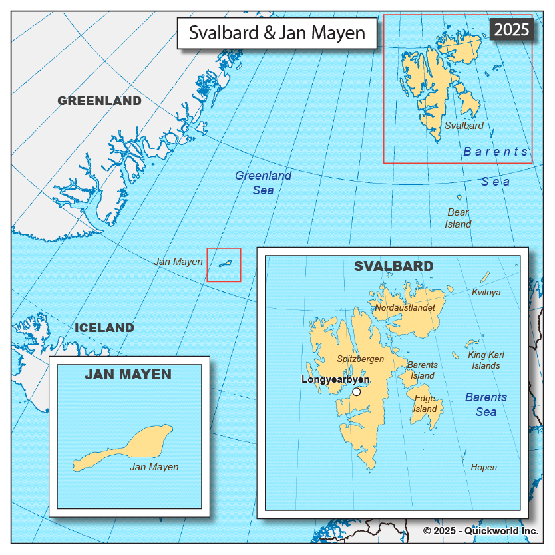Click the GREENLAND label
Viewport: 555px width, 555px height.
tap(99, 101)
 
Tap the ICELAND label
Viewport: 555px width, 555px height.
tap(104, 328)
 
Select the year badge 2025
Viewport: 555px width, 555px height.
tap(511, 29)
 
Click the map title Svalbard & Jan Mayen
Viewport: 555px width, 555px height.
tap(277, 33)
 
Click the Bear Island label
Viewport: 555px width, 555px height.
tap(458, 218)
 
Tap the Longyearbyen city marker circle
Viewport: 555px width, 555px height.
tap(357, 392)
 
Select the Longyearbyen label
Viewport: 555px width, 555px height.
tap(335, 380)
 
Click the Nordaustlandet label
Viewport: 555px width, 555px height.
tap(405, 308)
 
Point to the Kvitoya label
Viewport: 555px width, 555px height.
tap(486, 292)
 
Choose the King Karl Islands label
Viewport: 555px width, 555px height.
tap(486, 361)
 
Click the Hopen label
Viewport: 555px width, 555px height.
tap(484, 468)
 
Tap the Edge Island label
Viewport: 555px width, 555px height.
tap(425, 403)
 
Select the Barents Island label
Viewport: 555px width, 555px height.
tap(423, 370)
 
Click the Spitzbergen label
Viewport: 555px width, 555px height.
tap(360, 359)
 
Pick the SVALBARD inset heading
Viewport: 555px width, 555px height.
tap(393, 266)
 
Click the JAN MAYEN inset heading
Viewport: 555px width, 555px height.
tap(128, 375)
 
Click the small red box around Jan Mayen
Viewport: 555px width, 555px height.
tap(224, 264)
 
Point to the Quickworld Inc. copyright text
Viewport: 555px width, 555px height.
tap(480, 530)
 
